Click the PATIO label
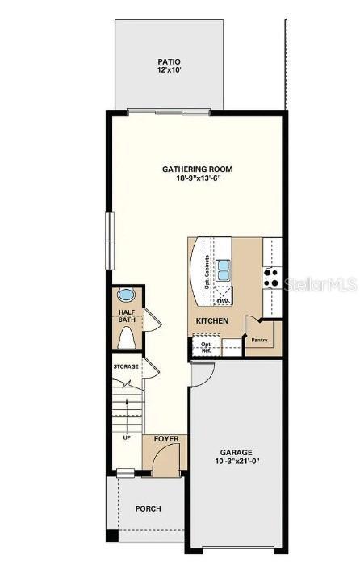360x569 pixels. [x=169, y=61]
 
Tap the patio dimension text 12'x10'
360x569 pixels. [x=169, y=71]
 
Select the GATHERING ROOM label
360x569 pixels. [x=198, y=169]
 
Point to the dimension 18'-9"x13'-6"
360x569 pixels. [x=198, y=178]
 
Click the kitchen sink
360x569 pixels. [x=223, y=270]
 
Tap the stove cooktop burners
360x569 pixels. [x=271, y=278]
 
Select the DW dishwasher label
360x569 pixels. [x=222, y=301]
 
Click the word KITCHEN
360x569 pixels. [x=212, y=321]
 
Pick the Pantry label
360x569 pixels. [x=259, y=340]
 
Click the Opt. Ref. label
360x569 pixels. [x=206, y=347]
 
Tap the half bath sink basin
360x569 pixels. [x=128, y=295]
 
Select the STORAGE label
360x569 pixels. [x=126, y=366]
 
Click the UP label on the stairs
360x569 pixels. [x=127, y=438]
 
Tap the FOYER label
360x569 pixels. [x=165, y=440]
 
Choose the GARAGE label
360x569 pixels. [x=237, y=452]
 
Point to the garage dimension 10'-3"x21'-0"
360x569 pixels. [x=237, y=462]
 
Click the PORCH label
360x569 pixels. [x=149, y=508]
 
